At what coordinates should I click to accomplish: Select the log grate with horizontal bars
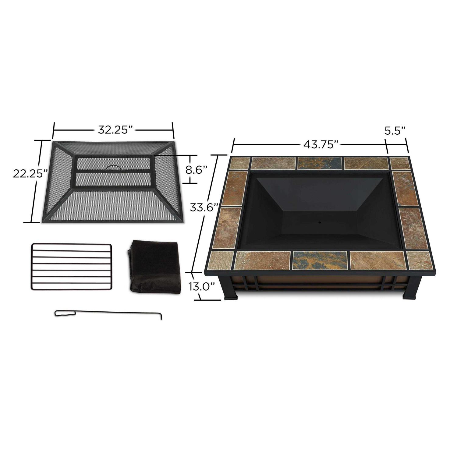pos(71,266)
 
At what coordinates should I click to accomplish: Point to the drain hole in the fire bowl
pos(320,222)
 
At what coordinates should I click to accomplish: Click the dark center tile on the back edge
pos(320,163)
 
